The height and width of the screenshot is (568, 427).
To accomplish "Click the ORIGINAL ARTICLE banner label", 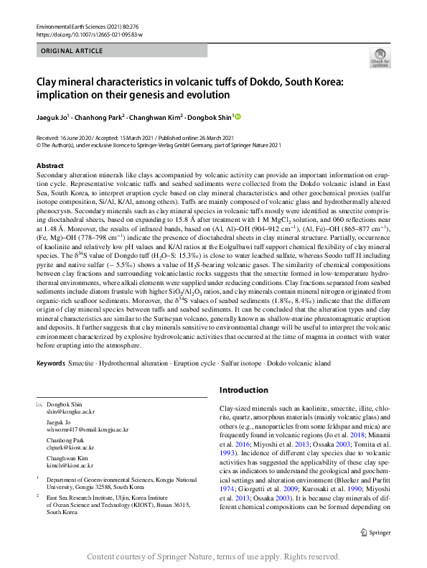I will pyautogui.click(x=72, y=51).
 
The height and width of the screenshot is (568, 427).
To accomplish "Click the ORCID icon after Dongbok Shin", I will pyautogui.click(x=238, y=117).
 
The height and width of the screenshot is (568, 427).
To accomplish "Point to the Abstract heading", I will pyautogui.click(x=50, y=166).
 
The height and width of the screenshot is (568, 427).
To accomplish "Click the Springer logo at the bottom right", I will pyautogui.click(x=377, y=532).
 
